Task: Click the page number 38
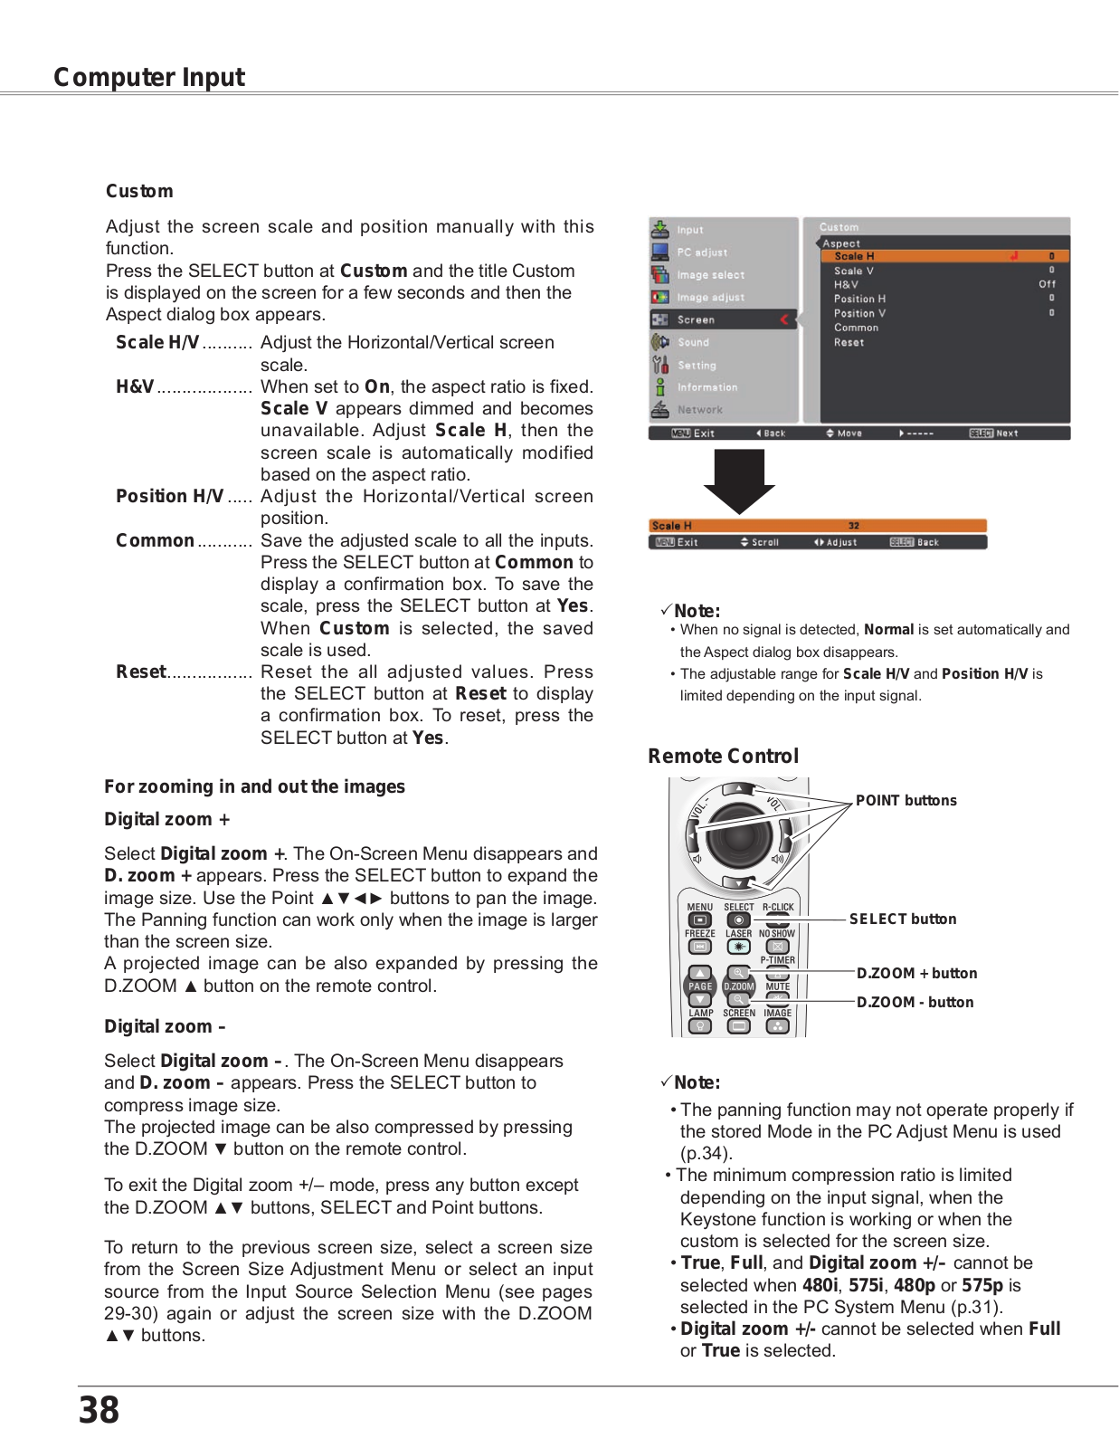pyautogui.click(x=99, y=1409)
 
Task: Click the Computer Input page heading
pyautogui.click(x=149, y=78)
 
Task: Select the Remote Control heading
pyautogui.click(x=723, y=756)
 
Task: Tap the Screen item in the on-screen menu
pyautogui.click(x=696, y=319)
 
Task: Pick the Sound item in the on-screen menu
pyautogui.click(x=693, y=342)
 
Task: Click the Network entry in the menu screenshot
pyautogui.click(x=699, y=410)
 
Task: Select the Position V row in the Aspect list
pyautogui.click(x=859, y=313)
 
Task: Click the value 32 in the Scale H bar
pyautogui.click(x=853, y=526)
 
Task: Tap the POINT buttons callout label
pyautogui.click(x=906, y=800)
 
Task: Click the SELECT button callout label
pyautogui.click(x=902, y=919)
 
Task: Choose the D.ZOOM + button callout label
pyautogui.click(x=916, y=973)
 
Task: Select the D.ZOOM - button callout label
pyautogui.click(x=915, y=1002)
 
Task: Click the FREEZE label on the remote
pyautogui.click(x=699, y=933)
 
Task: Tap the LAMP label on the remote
pyautogui.click(x=700, y=1013)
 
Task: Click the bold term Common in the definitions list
pyautogui.click(x=155, y=540)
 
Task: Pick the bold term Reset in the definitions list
pyautogui.click(x=141, y=672)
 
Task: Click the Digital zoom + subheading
pyautogui.click(x=166, y=819)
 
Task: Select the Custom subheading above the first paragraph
pyautogui.click(x=139, y=191)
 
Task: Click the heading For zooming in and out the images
pyautogui.click(x=254, y=786)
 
